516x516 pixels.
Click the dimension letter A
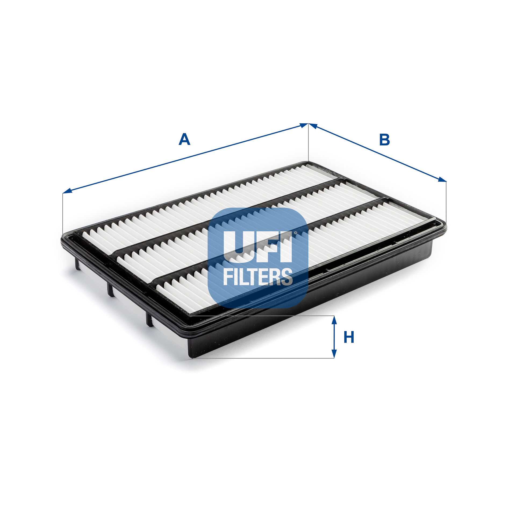[184, 140]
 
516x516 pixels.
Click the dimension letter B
[384, 140]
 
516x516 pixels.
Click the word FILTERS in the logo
[258, 277]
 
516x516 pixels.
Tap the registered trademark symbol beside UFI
[295, 233]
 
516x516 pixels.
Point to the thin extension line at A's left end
[62, 212]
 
